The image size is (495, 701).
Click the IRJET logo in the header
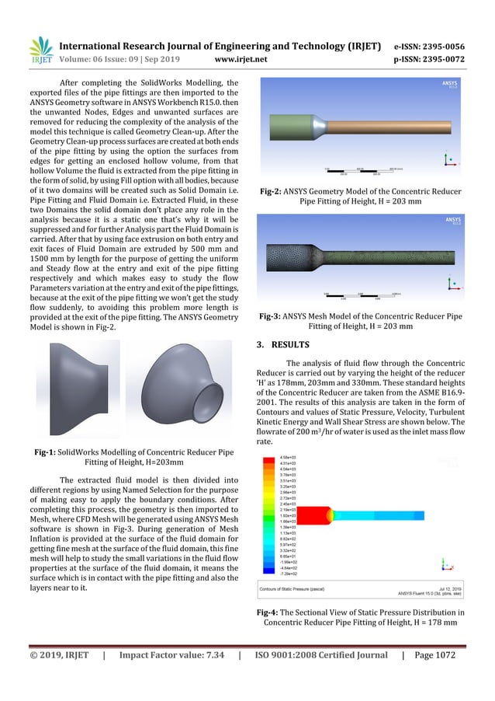[x=41, y=49]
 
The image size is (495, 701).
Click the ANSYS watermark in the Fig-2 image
[x=449, y=82]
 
